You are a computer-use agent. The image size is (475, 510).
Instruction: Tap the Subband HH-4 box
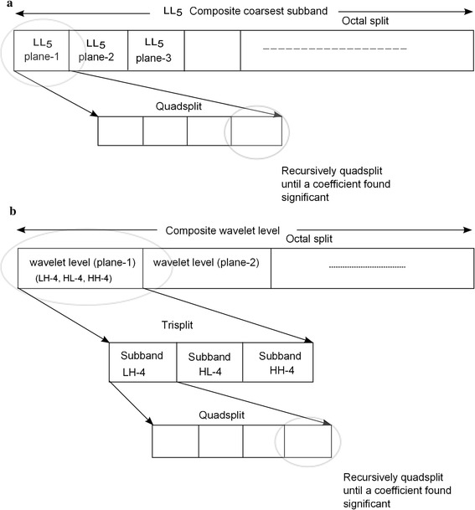[x=276, y=359]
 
